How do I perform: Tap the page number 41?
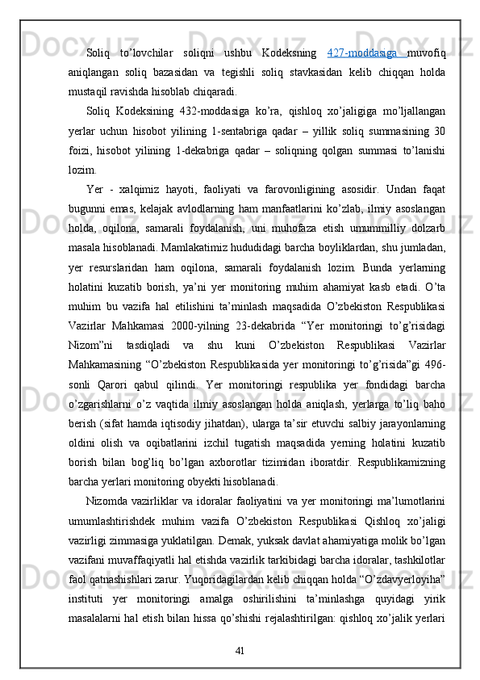click(x=240, y=649)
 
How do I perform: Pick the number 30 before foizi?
click(x=437, y=129)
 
